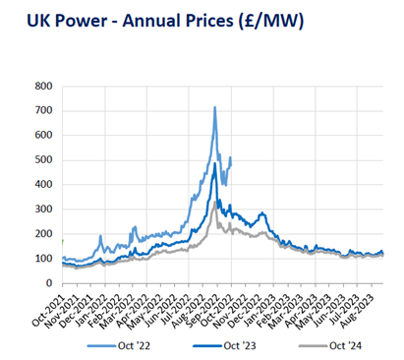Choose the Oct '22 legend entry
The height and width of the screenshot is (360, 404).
point(117,345)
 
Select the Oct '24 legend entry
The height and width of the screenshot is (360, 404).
point(331,345)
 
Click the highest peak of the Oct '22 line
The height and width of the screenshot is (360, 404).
point(214,107)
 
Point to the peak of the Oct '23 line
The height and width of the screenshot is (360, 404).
point(214,163)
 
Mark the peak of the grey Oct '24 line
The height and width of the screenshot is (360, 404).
point(214,203)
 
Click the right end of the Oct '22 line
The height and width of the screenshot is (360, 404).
point(231,157)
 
